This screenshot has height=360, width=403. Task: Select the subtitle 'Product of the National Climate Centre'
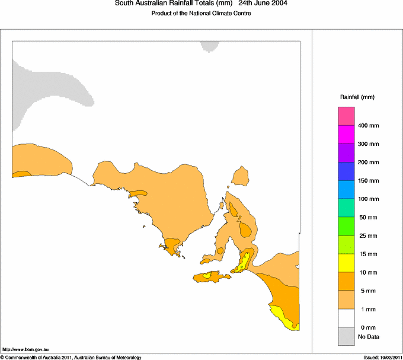point(201,14)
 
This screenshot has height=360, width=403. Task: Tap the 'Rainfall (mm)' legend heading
point(357,97)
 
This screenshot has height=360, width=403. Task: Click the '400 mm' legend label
point(368,126)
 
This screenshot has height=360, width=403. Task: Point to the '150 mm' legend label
point(368,181)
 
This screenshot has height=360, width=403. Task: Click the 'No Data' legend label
point(368,337)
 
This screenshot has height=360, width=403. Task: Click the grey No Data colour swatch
point(346,336)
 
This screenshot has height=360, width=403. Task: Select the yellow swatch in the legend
point(346,263)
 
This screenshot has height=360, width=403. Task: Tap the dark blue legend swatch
point(346,171)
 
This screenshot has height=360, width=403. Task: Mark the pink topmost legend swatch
point(346,116)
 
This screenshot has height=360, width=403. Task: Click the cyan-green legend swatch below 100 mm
point(346,208)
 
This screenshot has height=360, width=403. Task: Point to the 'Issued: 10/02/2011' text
point(383,357)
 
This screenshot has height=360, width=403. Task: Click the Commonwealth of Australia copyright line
point(71,357)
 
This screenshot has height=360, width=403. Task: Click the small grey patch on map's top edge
point(209,46)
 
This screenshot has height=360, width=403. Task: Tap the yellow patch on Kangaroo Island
point(206,275)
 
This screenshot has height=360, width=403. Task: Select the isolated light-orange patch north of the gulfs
point(240,176)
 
